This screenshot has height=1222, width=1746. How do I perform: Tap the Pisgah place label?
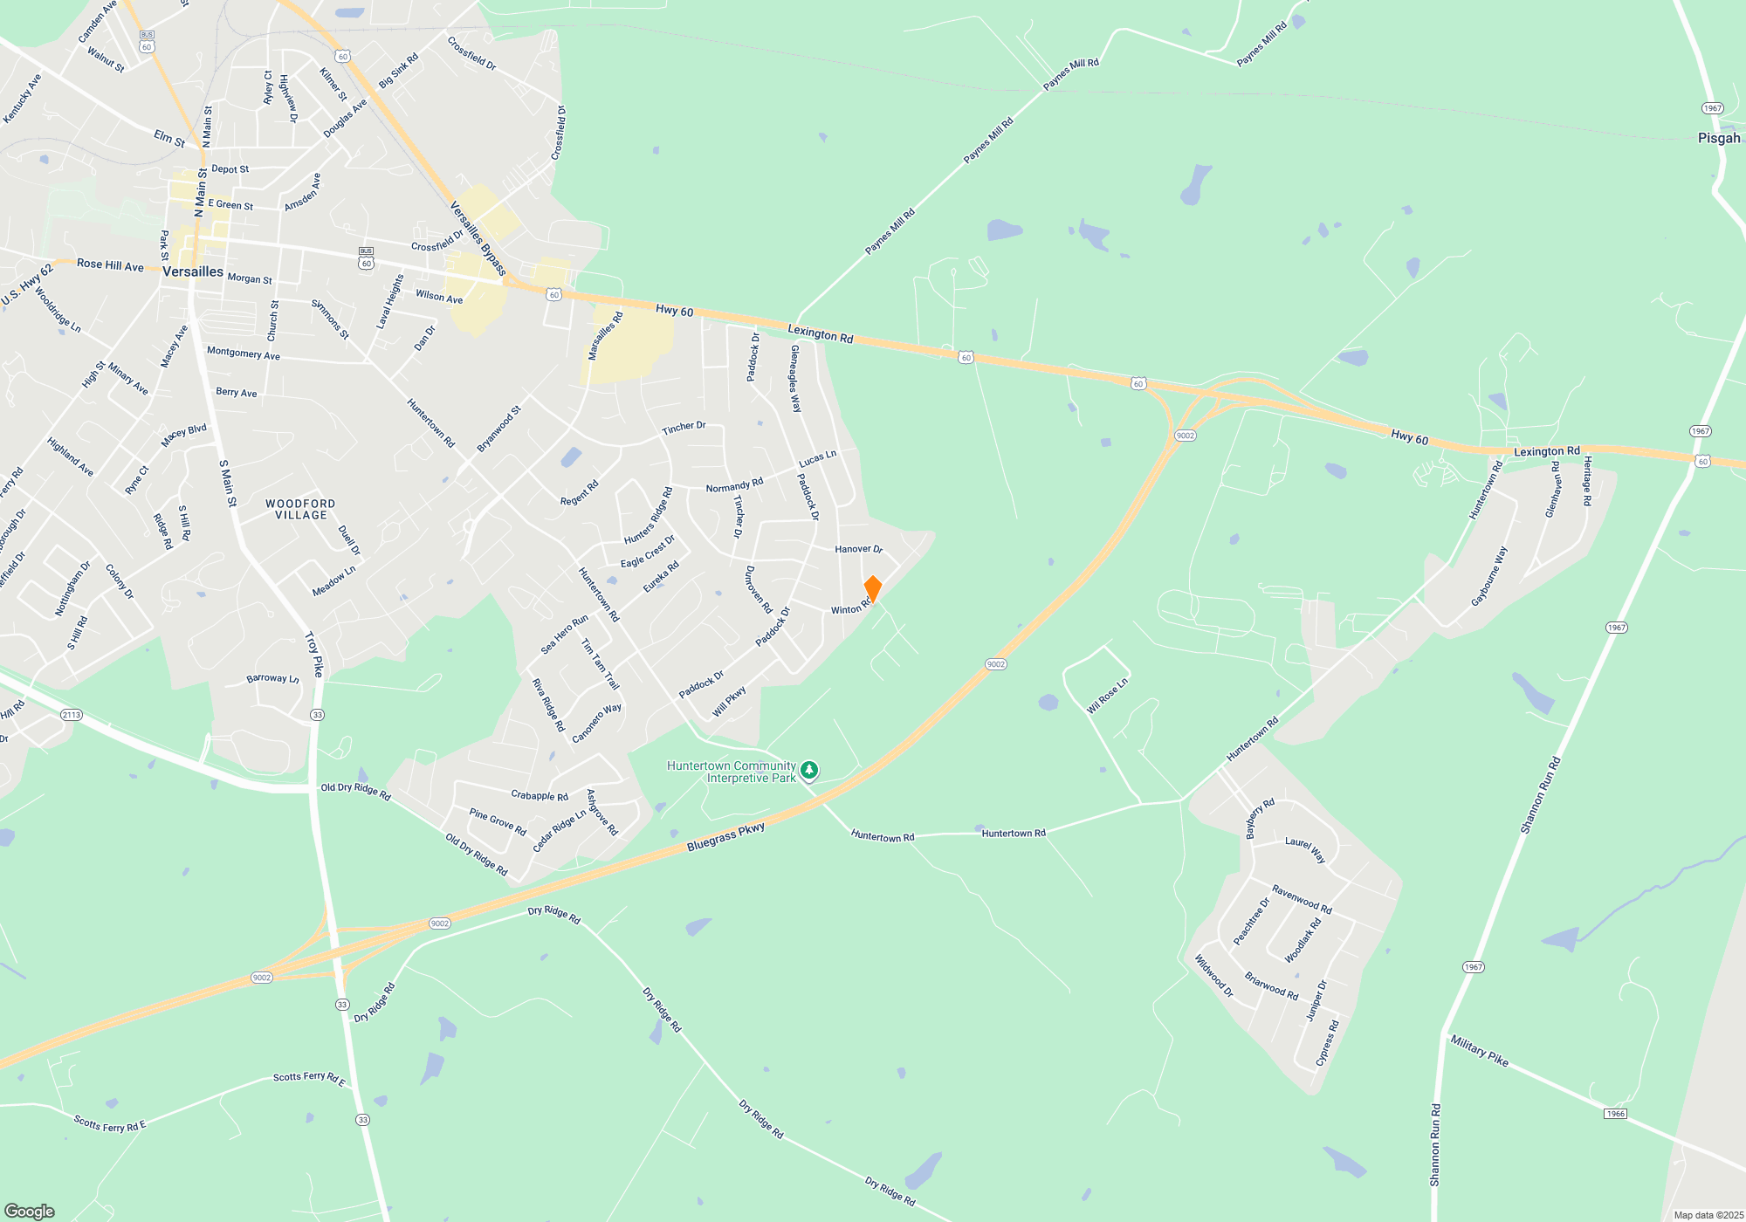[1718, 138]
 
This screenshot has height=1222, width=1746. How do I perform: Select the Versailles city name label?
[193, 271]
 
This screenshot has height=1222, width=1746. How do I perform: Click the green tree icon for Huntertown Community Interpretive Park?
[809, 771]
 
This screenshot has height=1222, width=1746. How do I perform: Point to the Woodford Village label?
[300, 510]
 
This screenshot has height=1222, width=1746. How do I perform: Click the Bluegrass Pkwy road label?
[725, 837]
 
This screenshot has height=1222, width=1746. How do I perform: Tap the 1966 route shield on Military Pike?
[1615, 1114]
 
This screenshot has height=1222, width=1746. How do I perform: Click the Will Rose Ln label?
[1107, 697]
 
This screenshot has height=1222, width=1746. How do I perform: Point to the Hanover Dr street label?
[858, 549]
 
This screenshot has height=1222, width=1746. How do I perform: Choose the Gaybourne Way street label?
[1488, 577]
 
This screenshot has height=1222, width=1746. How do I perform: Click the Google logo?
[30, 1211]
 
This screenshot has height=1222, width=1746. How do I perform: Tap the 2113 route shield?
[72, 715]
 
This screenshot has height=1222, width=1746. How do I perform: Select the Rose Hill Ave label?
[110, 265]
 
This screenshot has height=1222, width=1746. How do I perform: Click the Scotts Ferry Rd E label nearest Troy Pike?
[309, 1079]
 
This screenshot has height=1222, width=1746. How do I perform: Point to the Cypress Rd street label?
[1326, 1043]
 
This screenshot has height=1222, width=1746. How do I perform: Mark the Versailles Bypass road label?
[478, 238]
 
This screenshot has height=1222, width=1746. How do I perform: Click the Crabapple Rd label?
[540, 795]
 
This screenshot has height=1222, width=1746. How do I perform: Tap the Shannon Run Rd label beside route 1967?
[1540, 795]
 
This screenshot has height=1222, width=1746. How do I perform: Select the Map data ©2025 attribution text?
[1708, 1215]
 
